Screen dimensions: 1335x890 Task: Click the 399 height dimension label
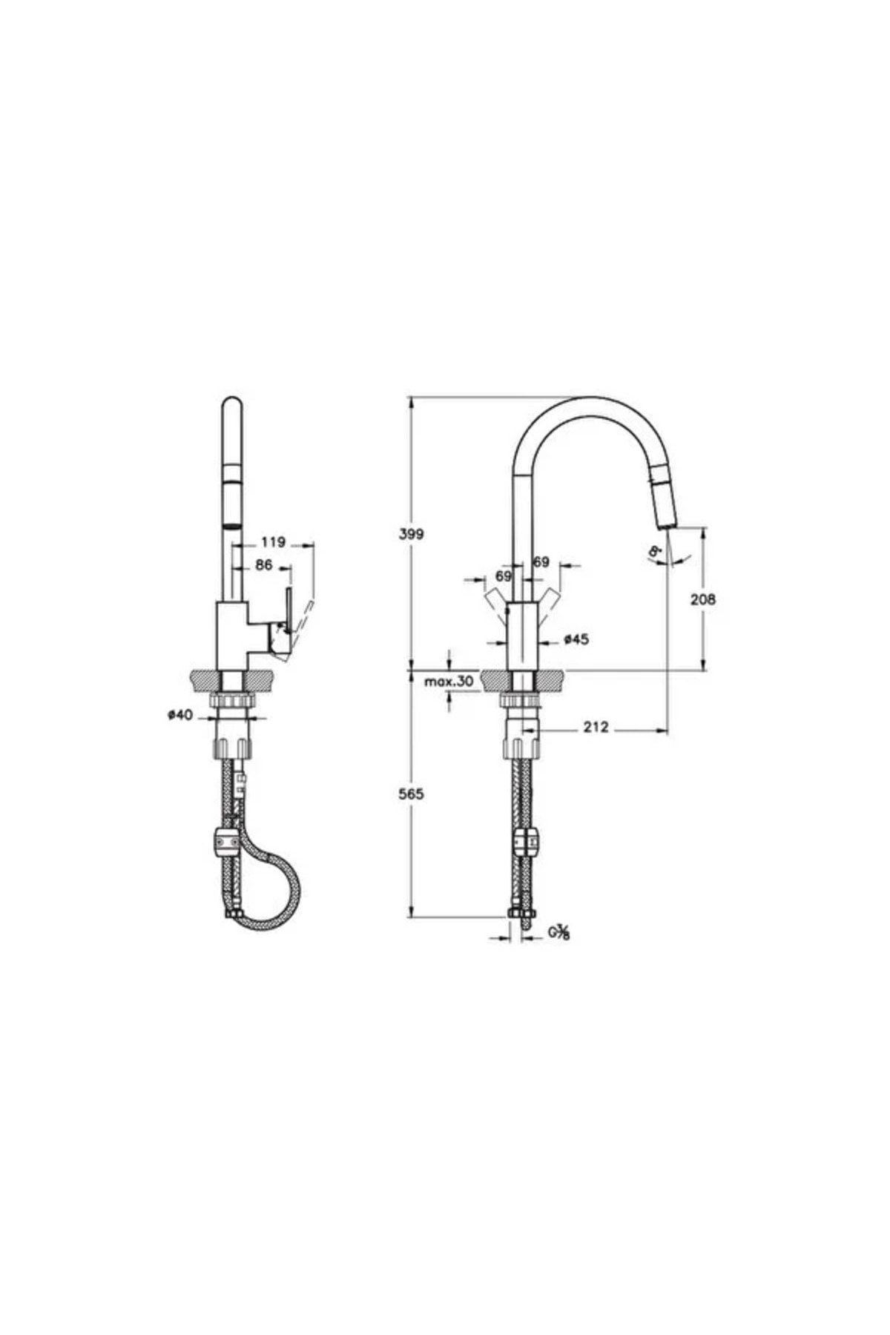(x=410, y=533)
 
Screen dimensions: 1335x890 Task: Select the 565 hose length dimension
(x=410, y=794)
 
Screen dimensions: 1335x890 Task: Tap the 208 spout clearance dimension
(x=703, y=599)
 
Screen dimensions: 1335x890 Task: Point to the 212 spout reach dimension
(x=595, y=727)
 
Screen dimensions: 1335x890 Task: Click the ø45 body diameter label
(x=576, y=639)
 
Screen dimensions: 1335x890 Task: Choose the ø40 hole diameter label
(x=180, y=715)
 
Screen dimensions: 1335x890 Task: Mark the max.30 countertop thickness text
(x=449, y=681)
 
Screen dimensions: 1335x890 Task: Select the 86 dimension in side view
(x=263, y=565)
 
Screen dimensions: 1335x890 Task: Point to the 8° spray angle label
(x=655, y=552)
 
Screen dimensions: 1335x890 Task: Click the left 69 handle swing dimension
(x=504, y=576)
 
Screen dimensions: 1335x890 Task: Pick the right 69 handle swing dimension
(x=541, y=562)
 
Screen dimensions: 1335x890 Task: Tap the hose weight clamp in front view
(x=526, y=844)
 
